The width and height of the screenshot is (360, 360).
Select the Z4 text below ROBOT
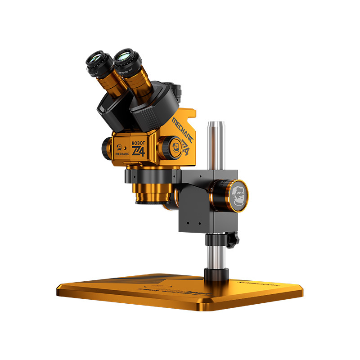[x=138, y=150]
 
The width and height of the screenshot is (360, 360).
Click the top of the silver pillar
[x=215, y=123]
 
